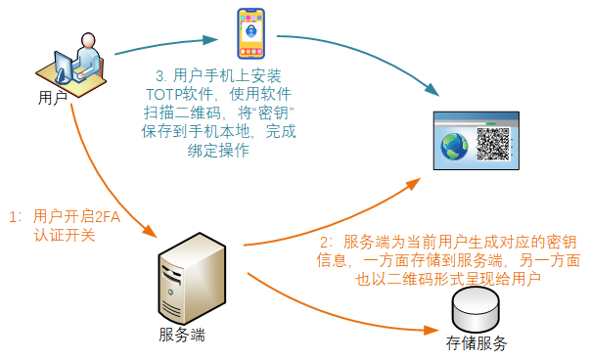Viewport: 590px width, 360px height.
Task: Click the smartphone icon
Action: (x=251, y=33)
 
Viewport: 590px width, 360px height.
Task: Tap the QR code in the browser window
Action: (x=493, y=144)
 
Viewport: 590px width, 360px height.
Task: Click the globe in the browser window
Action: (x=455, y=147)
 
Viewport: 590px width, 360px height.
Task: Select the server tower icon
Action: (x=193, y=279)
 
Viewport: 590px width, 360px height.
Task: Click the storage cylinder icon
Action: (x=476, y=309)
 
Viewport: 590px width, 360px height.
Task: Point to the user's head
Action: (x=88, y=40)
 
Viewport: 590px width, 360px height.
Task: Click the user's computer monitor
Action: (x=64, y=67)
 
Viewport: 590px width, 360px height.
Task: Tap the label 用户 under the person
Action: (x=53, y=98)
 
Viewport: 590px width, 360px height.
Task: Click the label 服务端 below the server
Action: (x=182, y=335)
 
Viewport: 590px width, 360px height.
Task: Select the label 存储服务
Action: (x=477, y=343)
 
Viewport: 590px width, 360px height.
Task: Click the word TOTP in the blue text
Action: (x=164, y=95)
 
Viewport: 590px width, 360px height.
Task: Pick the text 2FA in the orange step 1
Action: (x=107, y=217)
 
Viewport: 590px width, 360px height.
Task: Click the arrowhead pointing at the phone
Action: (x=210, y=39)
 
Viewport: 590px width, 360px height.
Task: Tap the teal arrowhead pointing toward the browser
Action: (x=431, y=89)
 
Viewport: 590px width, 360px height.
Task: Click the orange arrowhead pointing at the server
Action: (x=150, y=230)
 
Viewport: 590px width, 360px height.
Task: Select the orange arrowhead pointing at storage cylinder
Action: (x=431, y=331)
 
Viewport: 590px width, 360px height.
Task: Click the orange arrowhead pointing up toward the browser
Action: (x=413, y=184)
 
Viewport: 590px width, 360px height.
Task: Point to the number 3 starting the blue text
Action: (x=159, y=76)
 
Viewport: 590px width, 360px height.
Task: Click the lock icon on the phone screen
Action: (x=251, y=30)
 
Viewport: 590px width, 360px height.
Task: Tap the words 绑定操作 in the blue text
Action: (x=218, y=151)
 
